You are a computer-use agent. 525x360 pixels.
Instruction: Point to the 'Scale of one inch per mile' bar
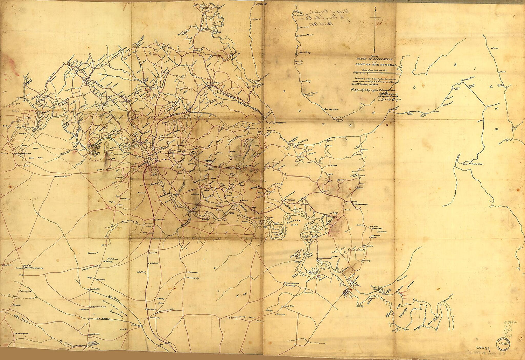pyautogui.click(x=374, y=73)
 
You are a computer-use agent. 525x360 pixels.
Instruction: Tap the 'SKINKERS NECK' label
pyautogui.click(x=289, y=224)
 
